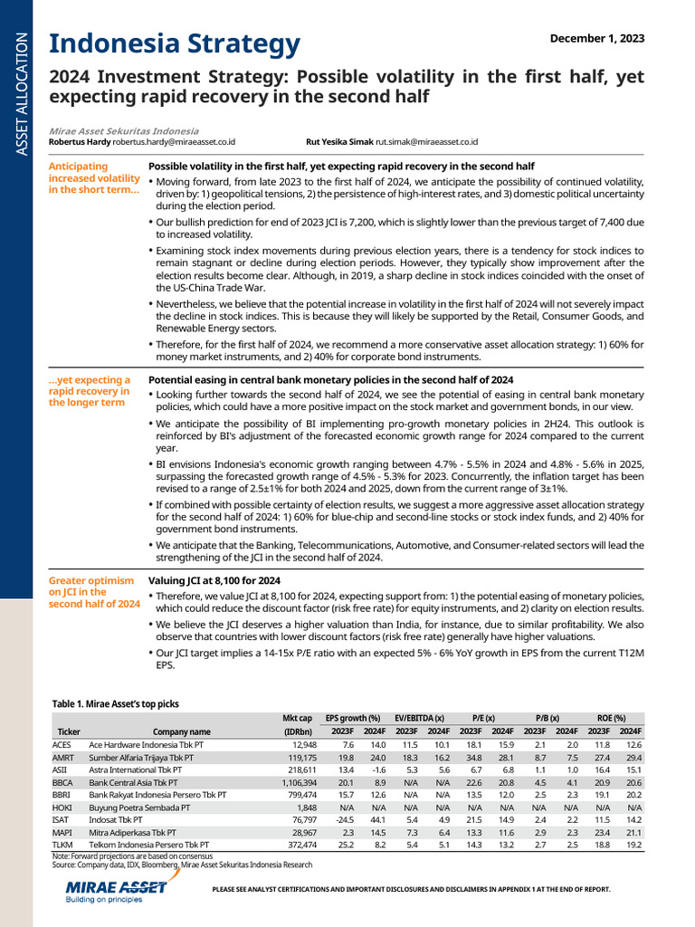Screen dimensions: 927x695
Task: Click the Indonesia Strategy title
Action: tap(174, 43)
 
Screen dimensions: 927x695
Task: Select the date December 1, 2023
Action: tap(597, 37)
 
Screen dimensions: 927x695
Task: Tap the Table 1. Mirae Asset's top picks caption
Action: tap(114, 702)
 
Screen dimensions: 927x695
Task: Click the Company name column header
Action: tap(181, 731)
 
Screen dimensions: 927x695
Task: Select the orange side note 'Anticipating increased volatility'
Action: tap(94, 178)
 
